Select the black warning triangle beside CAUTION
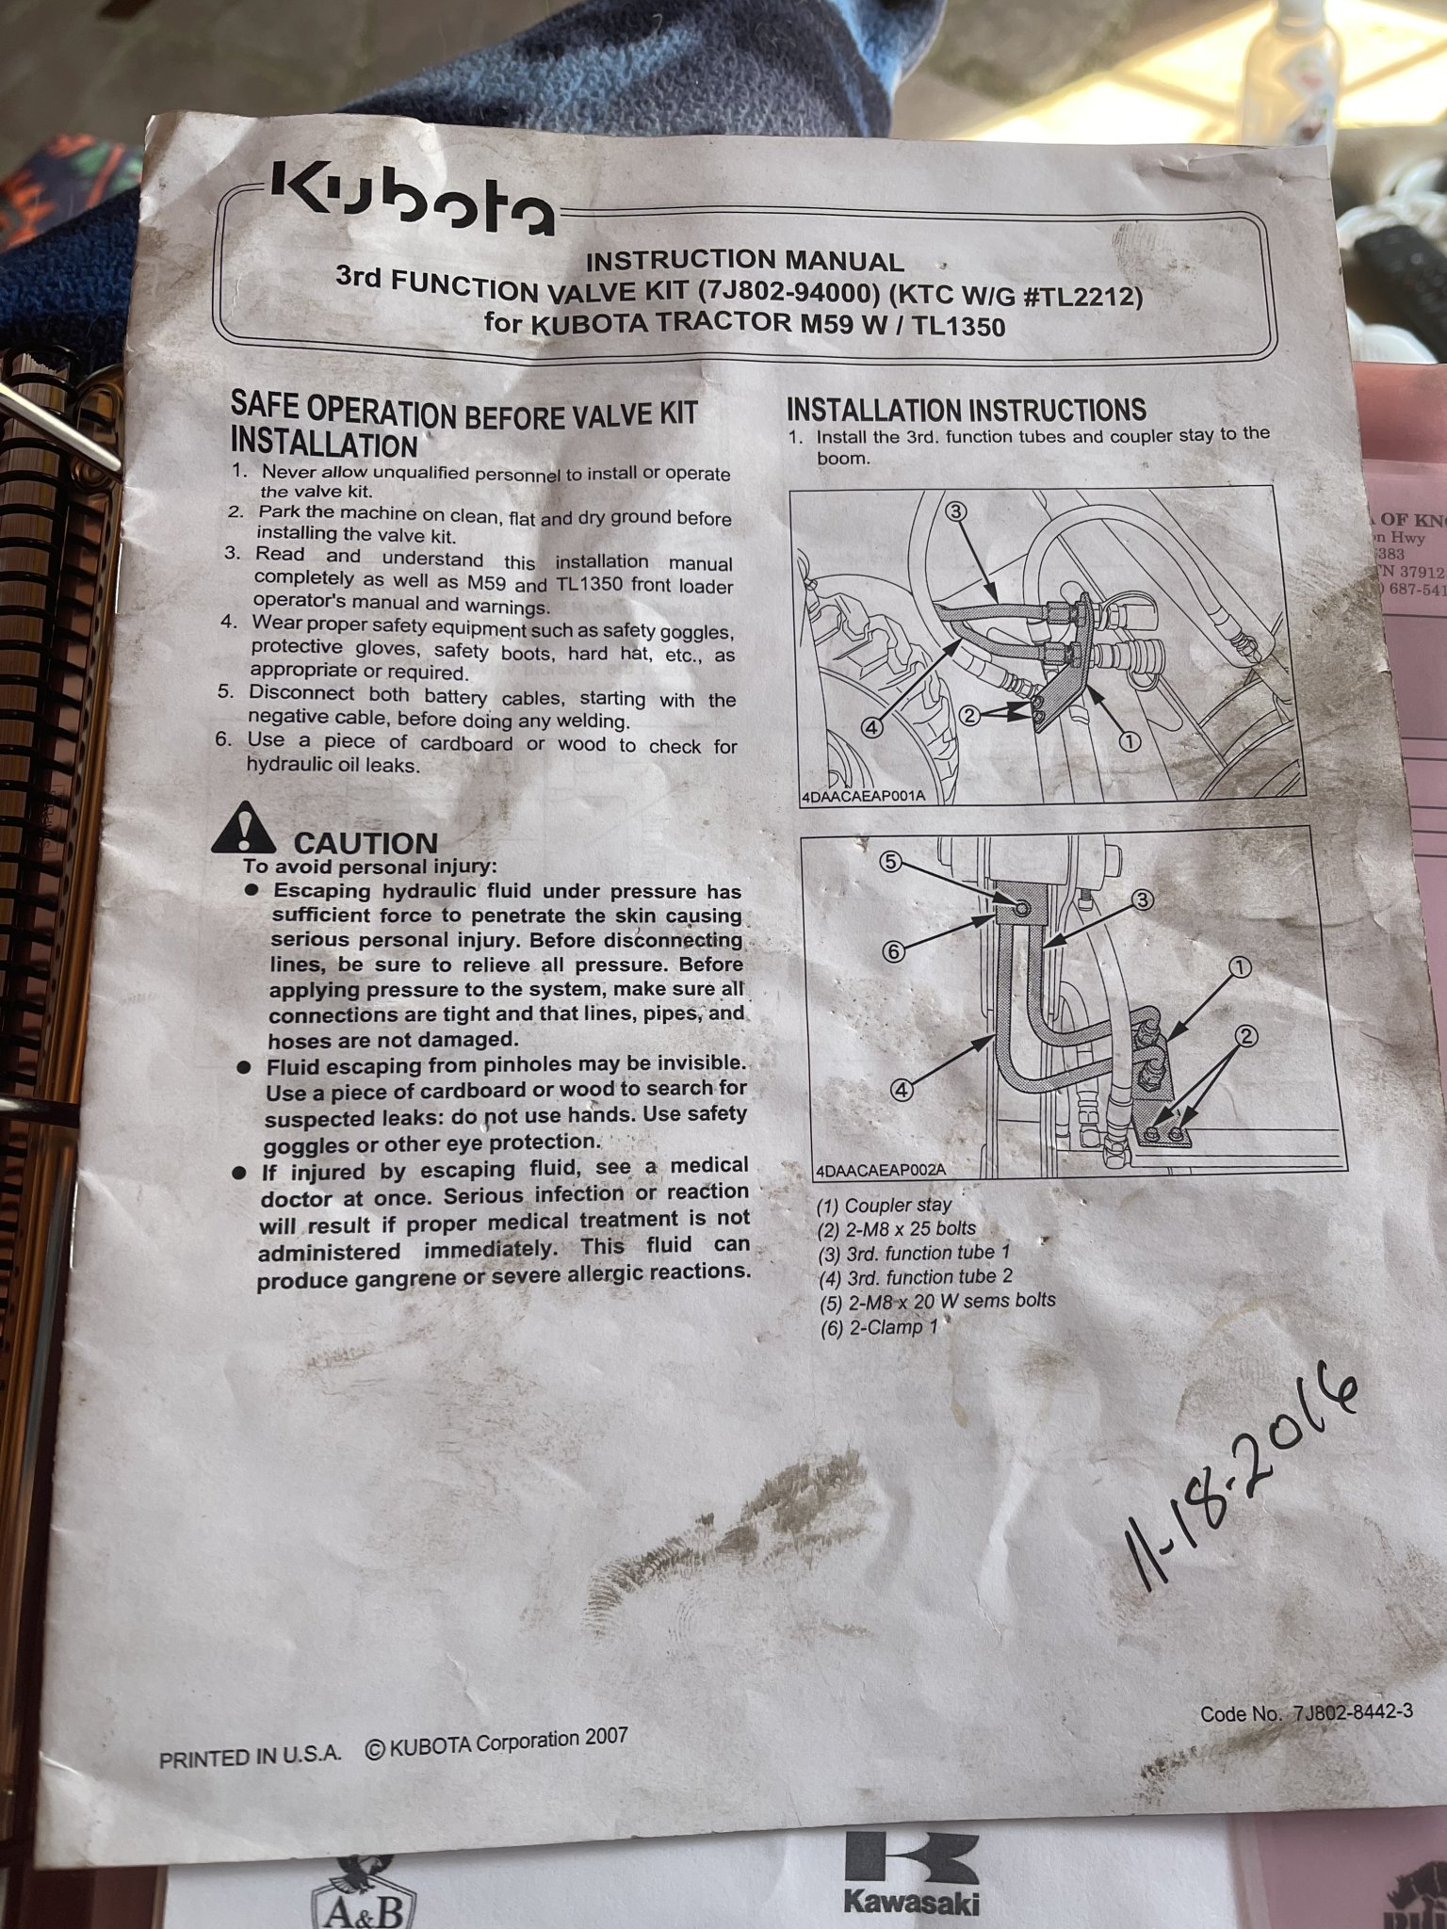click(x=243, y=828)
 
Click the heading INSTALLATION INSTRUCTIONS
click(x=966, y=410)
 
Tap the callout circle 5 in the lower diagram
click(x=893, y=860)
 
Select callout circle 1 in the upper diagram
click(x=1129, y=741)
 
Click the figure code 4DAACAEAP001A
click(x=863, y=796)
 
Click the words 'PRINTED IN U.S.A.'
click(x=250, y=1759)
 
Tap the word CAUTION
click(x=366, y=843)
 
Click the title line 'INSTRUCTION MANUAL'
click(x=744, y=260)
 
